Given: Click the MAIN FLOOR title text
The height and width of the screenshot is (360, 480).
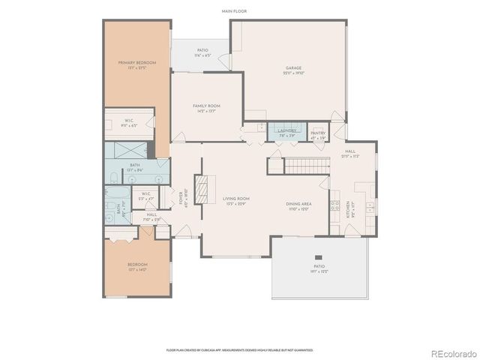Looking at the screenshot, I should [235, 12].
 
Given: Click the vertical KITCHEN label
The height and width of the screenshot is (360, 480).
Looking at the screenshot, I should [347, 208].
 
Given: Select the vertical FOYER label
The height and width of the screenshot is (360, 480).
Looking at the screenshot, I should [180, 199].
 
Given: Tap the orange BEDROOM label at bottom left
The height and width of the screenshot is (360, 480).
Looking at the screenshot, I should [136, 265].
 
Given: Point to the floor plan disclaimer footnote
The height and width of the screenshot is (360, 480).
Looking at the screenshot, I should [240, 349].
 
